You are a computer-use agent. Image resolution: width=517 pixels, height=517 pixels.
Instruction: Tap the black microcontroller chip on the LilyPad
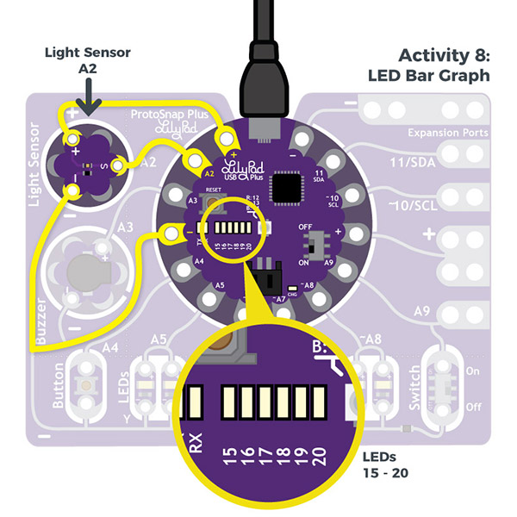(286, 187)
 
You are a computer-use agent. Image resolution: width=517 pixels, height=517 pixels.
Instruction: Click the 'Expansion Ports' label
(447, 134)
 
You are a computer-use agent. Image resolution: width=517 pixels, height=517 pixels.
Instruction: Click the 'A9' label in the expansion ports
(421, 311)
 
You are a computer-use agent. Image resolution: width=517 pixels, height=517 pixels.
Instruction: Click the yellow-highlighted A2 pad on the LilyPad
(194, 160)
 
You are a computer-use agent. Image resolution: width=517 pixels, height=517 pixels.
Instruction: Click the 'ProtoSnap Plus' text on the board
(168, 115)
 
